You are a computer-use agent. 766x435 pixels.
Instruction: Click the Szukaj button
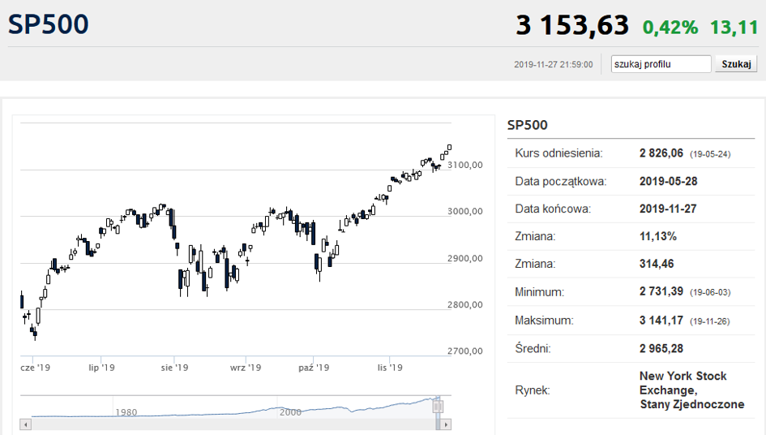point(736,64)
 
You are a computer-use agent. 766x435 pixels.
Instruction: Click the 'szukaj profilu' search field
point(661,64)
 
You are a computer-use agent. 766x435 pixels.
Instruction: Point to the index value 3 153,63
point(572,25)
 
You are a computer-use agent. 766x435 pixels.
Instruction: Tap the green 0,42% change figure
point(670,28)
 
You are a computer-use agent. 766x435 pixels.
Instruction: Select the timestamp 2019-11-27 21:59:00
point(554,65)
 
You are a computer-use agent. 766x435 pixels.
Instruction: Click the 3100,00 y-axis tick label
point(464,165)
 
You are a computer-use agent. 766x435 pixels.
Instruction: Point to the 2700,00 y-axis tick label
point(464,351)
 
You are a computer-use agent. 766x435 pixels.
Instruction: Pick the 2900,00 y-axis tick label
point(464,258)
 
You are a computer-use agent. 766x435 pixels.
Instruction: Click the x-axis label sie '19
point(174,368)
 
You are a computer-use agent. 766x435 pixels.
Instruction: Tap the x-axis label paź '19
point(314,368)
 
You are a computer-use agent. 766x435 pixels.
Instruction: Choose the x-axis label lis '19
point(390,368)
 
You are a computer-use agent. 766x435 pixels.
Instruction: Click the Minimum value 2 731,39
point(661,291)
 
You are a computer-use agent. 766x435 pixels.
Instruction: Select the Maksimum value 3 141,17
point(661,321)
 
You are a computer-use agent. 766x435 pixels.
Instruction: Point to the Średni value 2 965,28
point(661,348)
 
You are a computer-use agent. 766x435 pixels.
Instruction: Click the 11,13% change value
point(658,236)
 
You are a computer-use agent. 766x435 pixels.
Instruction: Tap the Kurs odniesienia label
point(558,153)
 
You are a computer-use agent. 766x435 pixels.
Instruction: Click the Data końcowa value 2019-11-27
point(668,209)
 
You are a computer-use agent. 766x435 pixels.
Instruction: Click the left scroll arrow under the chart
point(26,424)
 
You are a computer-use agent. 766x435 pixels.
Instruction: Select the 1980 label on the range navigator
point(126,412)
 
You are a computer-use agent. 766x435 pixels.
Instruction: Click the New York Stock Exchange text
point(683,383)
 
